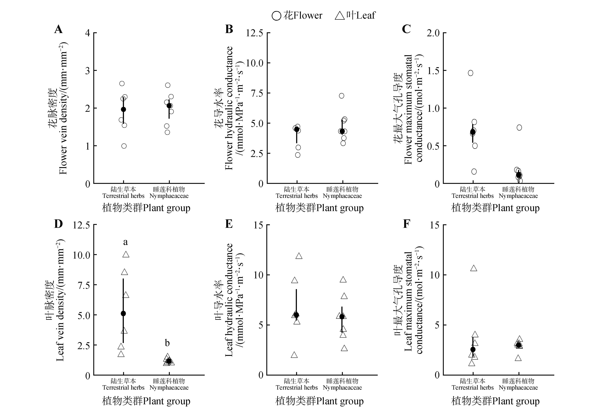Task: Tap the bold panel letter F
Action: [406, 224]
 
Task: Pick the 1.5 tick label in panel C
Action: [433, 71]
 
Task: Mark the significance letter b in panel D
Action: [167, 343]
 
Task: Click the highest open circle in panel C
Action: [470, 73]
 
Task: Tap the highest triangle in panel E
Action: [299, 256]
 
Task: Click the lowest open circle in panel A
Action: [124, 146]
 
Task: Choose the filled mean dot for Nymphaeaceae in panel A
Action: [169, 106]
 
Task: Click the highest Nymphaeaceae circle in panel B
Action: [341, 96]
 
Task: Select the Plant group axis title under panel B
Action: [319, 208]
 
